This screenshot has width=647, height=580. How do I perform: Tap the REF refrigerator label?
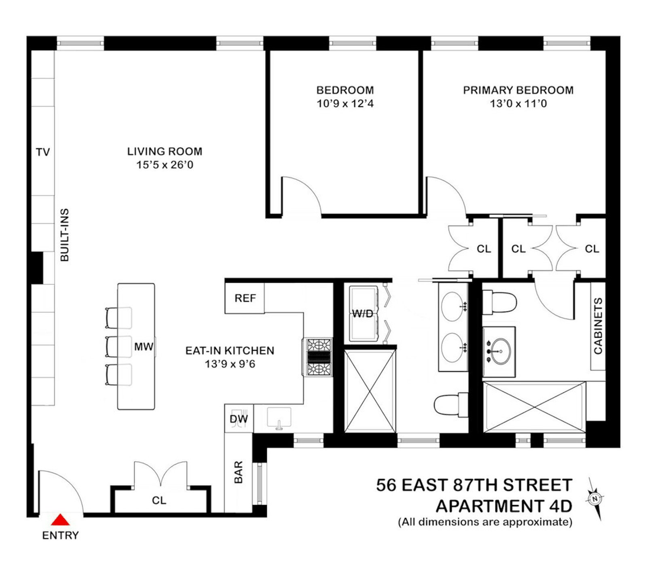[x=245, y=298]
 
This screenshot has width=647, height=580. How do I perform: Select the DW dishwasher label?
[x=238, y=419]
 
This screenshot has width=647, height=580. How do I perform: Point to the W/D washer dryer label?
[x=362, y=314]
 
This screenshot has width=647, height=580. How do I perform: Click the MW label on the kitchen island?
[x=143, y=346]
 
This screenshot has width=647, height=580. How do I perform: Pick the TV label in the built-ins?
[x=43, y=152]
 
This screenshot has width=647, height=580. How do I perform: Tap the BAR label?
[x=238, y=472]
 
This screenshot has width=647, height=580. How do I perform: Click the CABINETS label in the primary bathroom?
[x=598, y=326]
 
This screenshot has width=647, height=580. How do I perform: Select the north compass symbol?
[x=594, y=499]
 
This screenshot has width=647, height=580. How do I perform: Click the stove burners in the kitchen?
[x=318, y=357]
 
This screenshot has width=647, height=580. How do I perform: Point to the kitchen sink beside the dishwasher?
[x=279, y=419]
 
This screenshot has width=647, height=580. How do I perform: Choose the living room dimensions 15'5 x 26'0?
[x=165, y=165]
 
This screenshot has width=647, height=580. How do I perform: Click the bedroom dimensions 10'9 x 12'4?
[x=345, y=104]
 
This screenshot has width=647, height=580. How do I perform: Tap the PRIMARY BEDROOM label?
[x=518, y=90]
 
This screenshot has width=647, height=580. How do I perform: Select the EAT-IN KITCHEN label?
[x=230, y=351]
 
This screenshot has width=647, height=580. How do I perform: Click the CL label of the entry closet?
[x=159, y=500]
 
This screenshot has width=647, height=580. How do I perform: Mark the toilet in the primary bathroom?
[x=499, y=302]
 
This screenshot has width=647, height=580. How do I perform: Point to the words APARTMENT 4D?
[x=504, y=506]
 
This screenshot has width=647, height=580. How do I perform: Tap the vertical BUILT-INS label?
[x=65, y=235]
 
